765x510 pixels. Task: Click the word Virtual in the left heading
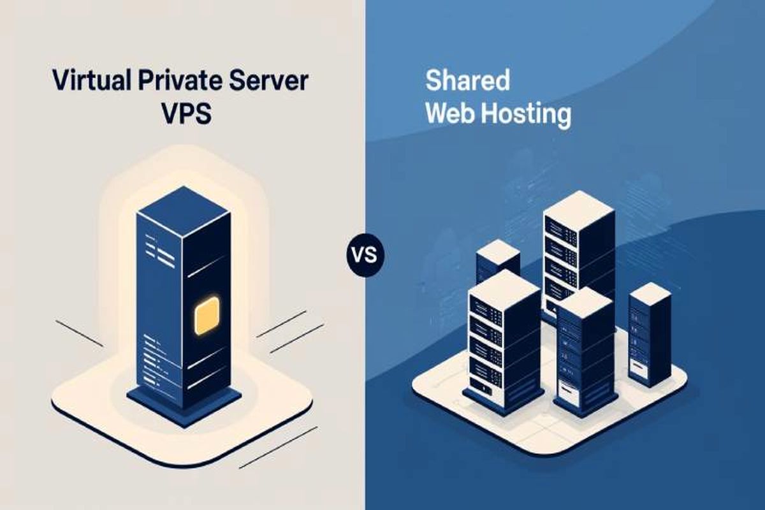(x=84, y=82)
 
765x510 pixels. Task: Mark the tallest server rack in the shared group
(x=578, y=255)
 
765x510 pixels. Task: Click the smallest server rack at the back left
(x=498, y=261)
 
